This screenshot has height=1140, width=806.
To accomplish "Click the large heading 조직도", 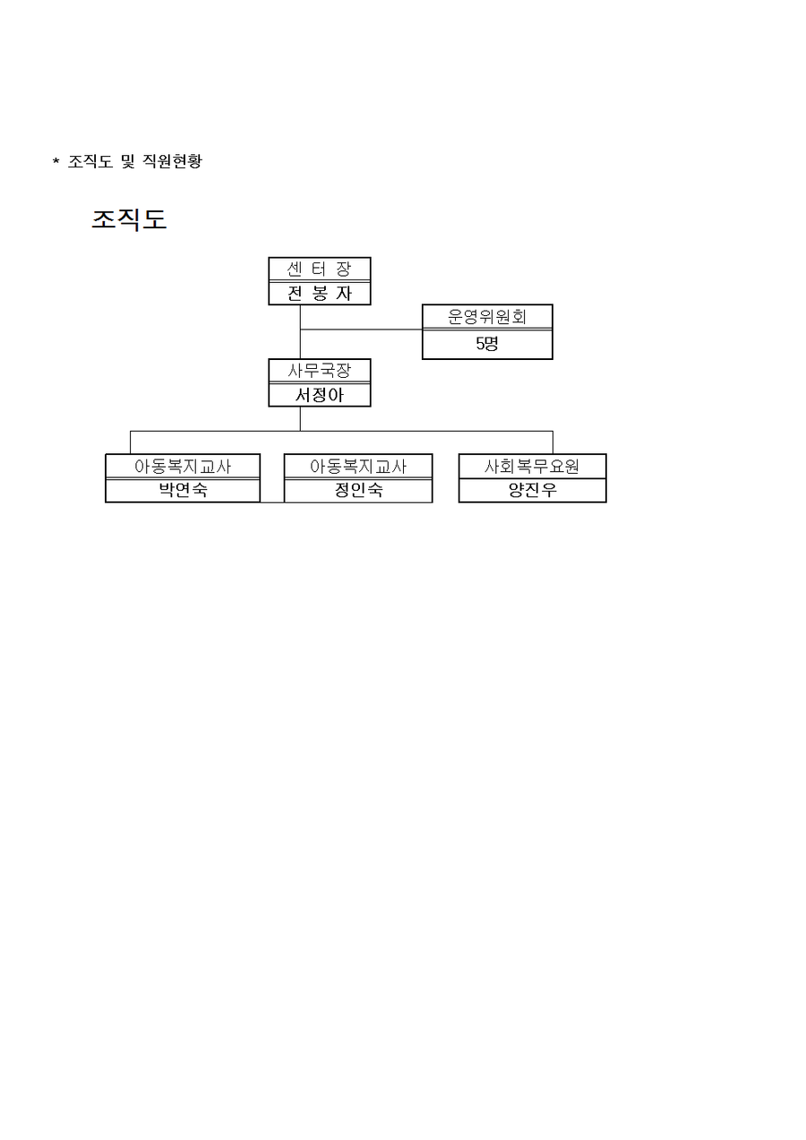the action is point(129,219).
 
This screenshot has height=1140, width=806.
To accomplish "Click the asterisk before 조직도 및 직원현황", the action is point(56,162).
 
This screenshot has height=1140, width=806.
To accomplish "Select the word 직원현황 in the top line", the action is point(172,161).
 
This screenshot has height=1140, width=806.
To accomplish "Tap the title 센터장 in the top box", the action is point(319,269).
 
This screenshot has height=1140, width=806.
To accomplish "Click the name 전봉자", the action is point(319,293).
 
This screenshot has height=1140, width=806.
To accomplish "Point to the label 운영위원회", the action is point(487,316).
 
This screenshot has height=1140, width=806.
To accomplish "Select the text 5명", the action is point(487,344).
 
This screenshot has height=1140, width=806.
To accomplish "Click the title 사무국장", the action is point(319,371).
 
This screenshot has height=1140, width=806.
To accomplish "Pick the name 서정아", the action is point(319,395).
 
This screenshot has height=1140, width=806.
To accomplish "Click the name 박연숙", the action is point(183,490).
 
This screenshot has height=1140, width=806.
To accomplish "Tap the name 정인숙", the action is point(358,490).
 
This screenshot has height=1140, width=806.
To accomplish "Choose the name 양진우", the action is point(532,490).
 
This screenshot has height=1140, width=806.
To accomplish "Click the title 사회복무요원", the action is point(532,467).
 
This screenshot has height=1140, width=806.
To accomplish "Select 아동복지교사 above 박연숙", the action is point(183,467).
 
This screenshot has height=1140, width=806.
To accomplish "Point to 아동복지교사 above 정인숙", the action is point(358,467).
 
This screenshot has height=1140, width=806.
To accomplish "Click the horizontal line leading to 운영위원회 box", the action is point(361,330).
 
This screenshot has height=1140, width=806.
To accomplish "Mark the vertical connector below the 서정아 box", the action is point(300,419).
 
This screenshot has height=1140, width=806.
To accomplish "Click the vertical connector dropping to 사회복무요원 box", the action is point(553,442).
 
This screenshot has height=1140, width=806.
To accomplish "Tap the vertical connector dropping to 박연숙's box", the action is point(130,442).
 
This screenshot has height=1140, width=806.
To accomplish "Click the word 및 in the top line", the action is point(127,161).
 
